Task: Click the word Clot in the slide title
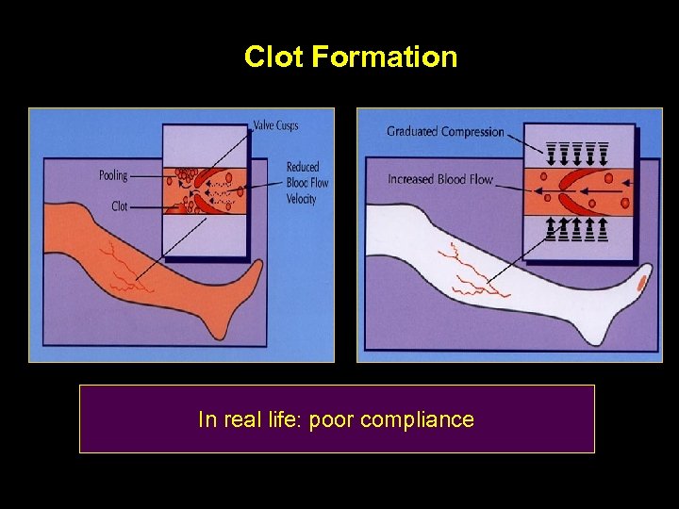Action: point(274,57)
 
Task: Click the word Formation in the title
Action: point(385,57)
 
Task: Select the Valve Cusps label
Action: point(275,125)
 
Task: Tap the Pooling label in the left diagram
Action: point(112,175)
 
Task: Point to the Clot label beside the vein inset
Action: point(119,205)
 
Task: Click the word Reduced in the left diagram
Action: point(303,167)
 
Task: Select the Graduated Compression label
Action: point(445,132)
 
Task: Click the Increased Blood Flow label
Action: point(440,179)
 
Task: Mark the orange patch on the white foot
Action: point(643,281)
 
